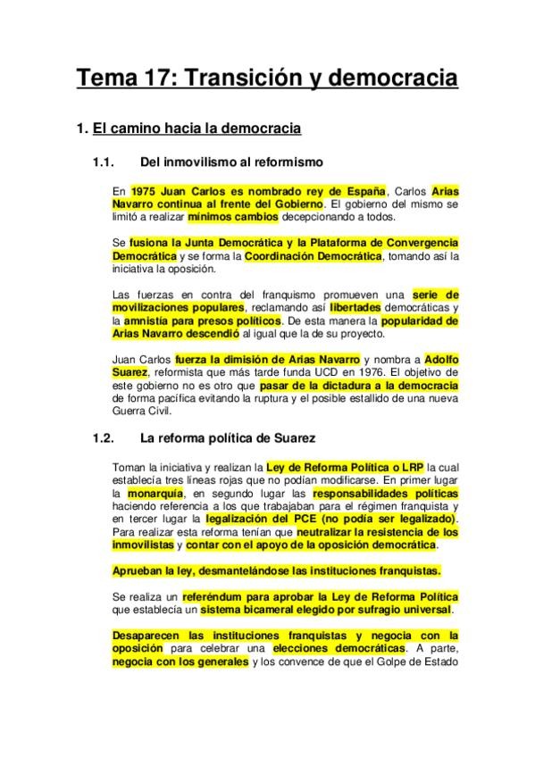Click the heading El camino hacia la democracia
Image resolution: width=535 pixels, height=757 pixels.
[x=196, y=129]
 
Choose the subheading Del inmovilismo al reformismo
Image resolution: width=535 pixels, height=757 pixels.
[x=231, y=162]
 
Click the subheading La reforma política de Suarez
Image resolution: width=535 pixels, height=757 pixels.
[x=229, y=438]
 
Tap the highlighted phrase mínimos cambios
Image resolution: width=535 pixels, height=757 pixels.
[x=235, y=217]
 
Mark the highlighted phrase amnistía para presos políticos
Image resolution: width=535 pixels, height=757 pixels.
[x=202, y=320]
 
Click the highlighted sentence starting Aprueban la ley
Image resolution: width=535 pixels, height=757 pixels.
[x=277, y=570]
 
